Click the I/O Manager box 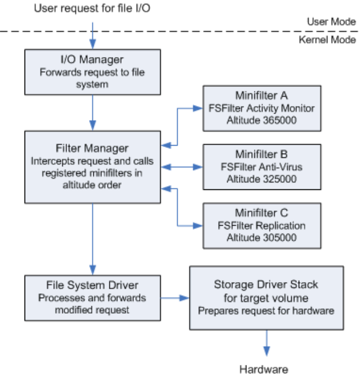tap(92, 71)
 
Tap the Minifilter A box tap(261, 108)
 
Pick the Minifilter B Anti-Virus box tap(261, 167)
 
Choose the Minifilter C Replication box tap(261, 226)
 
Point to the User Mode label tap(331, 22)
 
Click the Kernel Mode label tap(328, 39)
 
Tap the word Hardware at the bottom tap(263, 369)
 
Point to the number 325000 tap(279, 179)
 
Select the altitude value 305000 tap(279, 238)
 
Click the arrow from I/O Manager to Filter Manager tap(93, 112)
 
